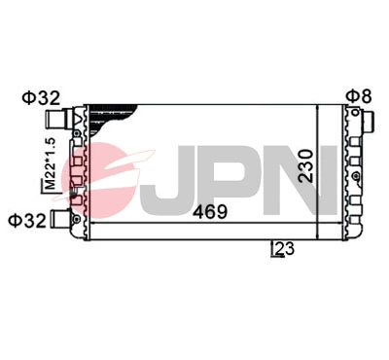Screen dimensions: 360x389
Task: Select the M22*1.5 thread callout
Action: coord(48,166)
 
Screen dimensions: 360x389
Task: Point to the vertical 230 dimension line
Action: coord(318,165)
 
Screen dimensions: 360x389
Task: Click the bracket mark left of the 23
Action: coord(272,251)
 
